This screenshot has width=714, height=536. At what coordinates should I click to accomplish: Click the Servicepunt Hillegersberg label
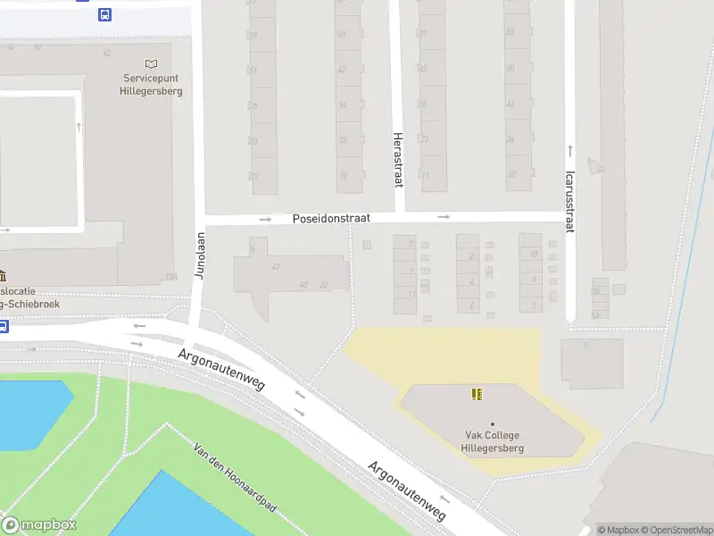point(152,84)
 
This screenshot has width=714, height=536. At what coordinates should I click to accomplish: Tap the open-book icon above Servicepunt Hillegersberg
point(151,64)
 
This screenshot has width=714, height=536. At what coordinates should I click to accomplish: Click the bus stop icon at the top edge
point(105,13)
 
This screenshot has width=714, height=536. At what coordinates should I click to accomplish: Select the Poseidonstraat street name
point(331,218)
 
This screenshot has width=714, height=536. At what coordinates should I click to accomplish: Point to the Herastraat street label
point(398,160)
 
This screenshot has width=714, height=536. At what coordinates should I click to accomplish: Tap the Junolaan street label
point(200,256)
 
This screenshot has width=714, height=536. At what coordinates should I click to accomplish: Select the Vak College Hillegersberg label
point(492,441)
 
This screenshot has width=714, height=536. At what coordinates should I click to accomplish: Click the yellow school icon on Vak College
point(477,394)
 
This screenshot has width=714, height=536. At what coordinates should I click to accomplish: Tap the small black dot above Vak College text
point(492,423)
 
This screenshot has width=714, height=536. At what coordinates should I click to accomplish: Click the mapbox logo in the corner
point(39,525)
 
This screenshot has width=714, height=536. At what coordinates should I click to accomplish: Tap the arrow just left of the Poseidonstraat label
point(265,219)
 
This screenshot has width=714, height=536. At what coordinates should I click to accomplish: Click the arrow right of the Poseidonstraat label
point(444,217)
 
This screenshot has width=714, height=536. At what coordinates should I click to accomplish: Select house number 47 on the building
point(276,266)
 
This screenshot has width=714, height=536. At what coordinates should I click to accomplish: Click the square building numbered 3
point(591,363)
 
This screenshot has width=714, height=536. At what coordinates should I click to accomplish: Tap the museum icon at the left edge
point(3,275)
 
